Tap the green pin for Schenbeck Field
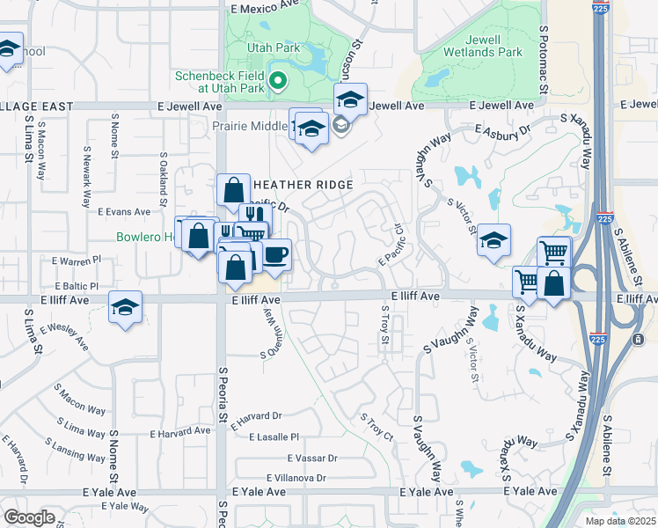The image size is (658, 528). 278,84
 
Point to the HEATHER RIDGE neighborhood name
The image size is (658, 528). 303,185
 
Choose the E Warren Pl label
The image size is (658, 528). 77,261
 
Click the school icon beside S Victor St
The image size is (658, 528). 494,240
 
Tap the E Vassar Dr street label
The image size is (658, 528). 312,458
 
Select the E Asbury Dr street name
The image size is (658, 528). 503,130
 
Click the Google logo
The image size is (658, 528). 29,517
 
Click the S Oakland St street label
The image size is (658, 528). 164,172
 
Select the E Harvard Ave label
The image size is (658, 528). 180,431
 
